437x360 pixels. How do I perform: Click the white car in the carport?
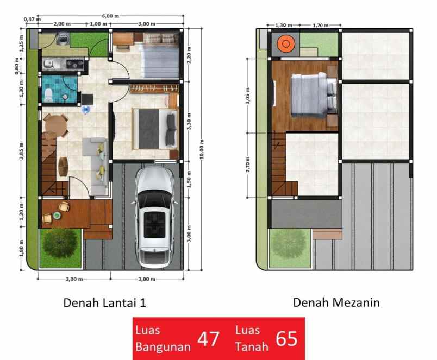pyautogui.click(x=157, y=217)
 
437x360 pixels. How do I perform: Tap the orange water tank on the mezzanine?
pyautogui.click(x=285, y=43)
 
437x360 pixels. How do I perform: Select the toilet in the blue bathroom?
pyautogui.click(x=48, y=96)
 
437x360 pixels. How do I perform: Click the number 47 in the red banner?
pyautogui.click(x=208, y=339)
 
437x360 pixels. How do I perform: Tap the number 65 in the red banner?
pyautogui.click(x=287, y=339)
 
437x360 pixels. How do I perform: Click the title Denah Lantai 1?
pyautogui.click(x=105, y=302)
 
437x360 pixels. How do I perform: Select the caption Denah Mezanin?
pyautogui.click(x=336, y=302)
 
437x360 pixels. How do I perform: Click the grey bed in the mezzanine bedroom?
pyautogui.click(x=311, y=95)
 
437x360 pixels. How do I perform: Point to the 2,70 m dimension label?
pyautogui.click(x=248, y=164)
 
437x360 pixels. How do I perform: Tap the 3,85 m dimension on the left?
pyautogui.click(x=21, y=153)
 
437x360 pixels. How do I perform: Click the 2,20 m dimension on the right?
pyautogui.click(x=188, y=55)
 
